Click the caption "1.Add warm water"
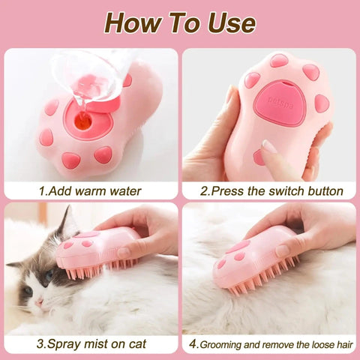point(90,190)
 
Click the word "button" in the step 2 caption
point(323,190)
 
